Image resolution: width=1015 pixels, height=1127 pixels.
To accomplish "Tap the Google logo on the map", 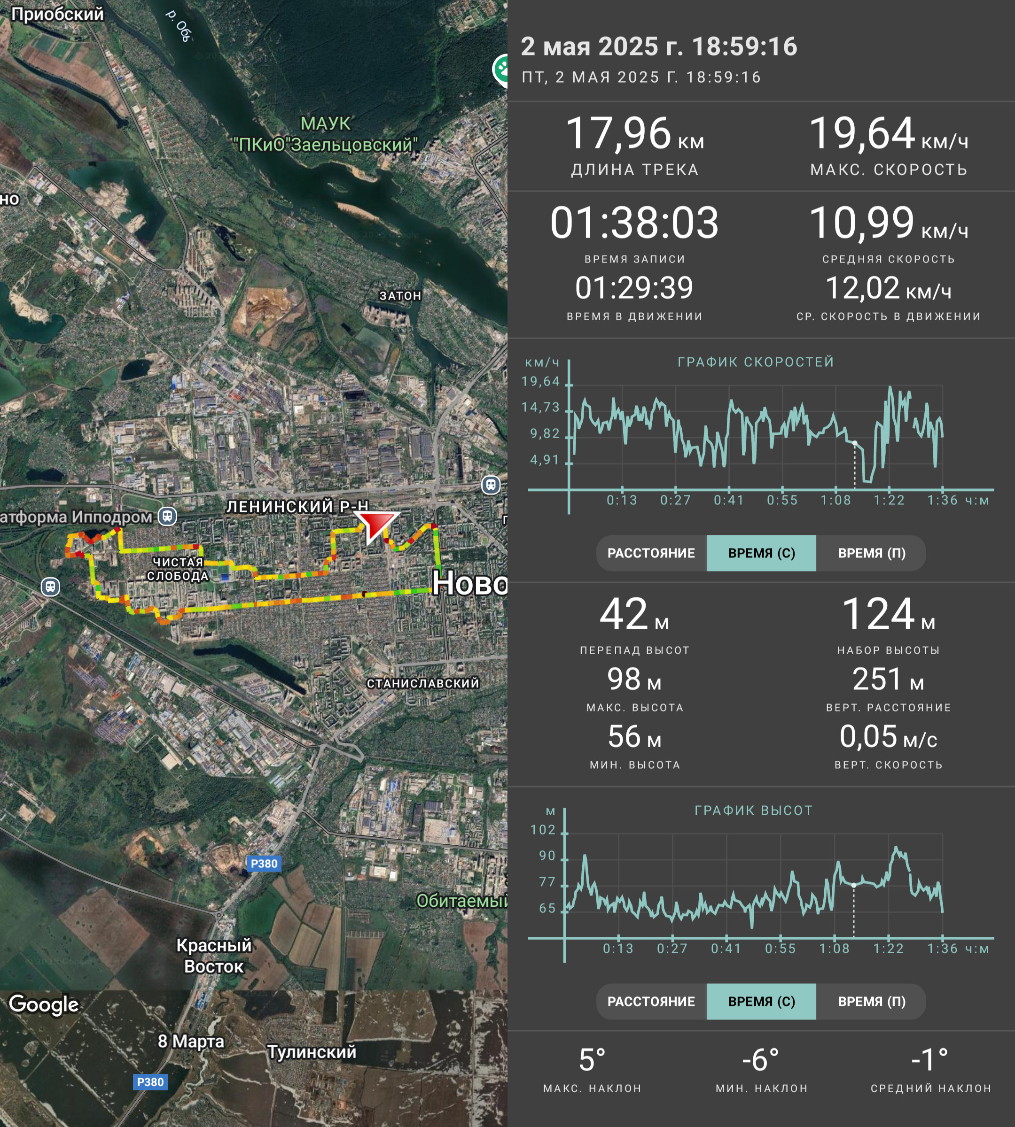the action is [44, 1004].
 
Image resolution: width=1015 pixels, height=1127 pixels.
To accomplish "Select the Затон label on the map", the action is [400, 295].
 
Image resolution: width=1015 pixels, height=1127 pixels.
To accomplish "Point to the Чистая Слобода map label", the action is [178, 569].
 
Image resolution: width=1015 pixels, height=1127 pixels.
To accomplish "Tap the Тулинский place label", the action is [312, 1051].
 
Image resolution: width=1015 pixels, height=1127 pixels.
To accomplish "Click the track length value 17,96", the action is [618, 134].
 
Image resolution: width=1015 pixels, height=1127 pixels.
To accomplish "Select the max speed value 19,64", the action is [862, 134].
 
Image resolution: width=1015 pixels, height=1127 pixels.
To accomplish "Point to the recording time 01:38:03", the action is [635, 223].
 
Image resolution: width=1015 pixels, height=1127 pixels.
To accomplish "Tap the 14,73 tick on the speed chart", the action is [540, 408].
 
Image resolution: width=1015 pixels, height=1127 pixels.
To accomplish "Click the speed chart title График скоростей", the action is [756, 362].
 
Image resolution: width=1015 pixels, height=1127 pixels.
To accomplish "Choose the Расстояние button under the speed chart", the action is [651, 553].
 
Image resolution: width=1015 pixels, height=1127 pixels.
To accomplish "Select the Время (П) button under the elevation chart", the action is [872, 1001].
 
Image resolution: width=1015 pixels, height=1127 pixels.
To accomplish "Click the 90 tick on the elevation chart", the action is [547, 856].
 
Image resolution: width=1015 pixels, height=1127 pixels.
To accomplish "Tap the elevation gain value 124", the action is [878, 614].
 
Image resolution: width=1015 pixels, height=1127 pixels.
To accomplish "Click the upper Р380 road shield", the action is [264, 864].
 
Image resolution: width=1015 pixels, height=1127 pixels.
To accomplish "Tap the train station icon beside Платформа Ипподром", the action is [167, 516].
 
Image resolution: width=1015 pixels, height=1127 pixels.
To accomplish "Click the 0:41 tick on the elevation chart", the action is [726, 949].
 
